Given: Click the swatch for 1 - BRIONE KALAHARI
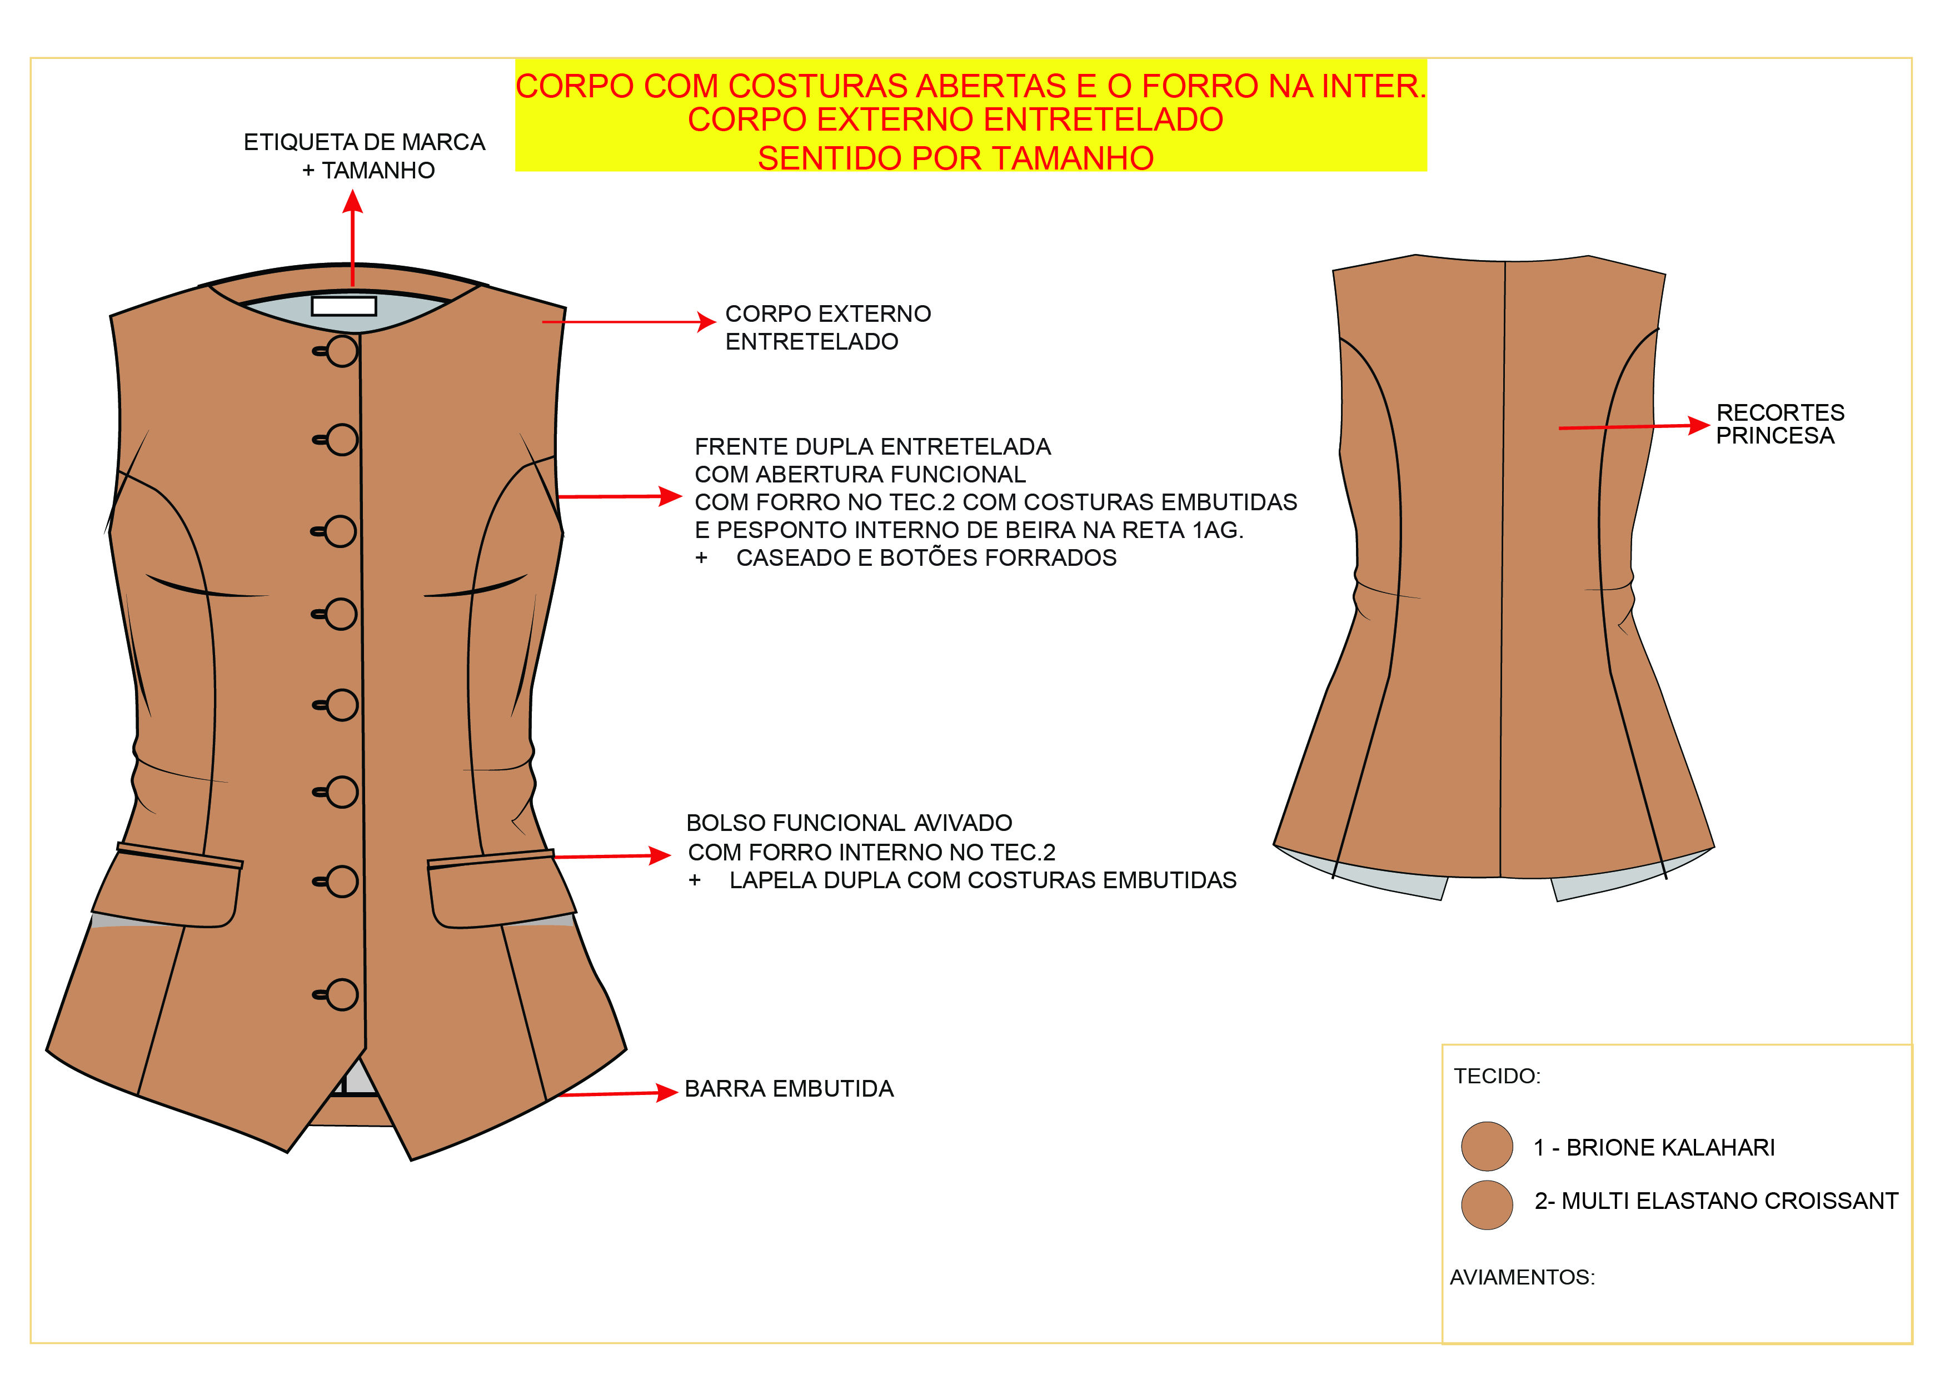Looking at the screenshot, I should [1487, 1146].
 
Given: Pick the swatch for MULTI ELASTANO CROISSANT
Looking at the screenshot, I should [1487, 1205].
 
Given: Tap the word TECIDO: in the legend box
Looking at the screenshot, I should [1497, 1076].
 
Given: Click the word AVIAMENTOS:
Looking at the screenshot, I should [1522, 1277].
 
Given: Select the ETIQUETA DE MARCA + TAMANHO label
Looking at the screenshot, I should [365, 156].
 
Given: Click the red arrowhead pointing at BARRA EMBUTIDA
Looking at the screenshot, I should [667, 1093].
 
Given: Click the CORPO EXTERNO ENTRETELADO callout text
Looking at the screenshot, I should [827, 327].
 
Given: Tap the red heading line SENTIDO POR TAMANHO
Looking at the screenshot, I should [955, 158].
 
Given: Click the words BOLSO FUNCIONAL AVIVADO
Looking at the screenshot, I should [849, 823].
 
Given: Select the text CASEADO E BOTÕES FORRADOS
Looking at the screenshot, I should [926, 557].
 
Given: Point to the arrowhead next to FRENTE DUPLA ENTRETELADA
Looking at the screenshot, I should [671, 496].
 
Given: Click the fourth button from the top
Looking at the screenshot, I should [341, 614].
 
